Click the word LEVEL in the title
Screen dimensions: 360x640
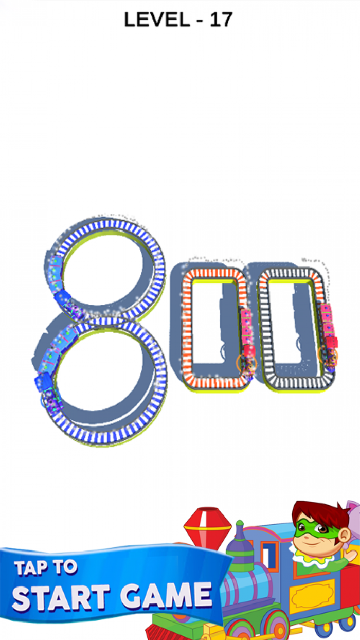pos(157,20)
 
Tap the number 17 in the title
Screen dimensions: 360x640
pos(221,20)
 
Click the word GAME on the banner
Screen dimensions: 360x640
pos(166,596)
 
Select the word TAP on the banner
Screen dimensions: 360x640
pos(31,567)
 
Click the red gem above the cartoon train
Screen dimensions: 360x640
pos(207,527)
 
